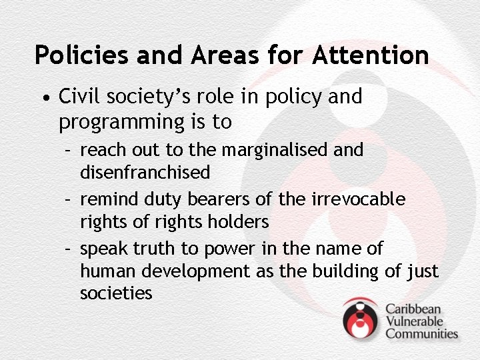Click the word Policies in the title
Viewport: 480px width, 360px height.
[81, 55]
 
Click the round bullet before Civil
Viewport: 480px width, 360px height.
[44, 99]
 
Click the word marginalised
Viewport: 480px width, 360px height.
[275, 150]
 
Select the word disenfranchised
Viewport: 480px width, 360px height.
[145, 173]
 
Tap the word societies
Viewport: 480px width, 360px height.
[116, 293]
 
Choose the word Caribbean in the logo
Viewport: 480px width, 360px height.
[413, 309]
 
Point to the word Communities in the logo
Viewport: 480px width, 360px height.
[421, 333]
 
